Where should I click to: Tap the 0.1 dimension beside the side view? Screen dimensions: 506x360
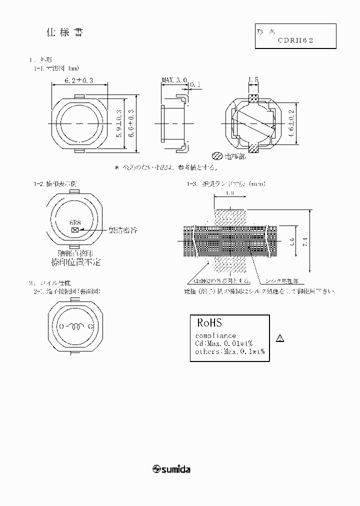tap(195, 85)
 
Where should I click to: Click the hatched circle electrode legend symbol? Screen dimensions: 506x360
tap(217, 155)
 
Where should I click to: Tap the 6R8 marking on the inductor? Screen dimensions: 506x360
tap(75, 223)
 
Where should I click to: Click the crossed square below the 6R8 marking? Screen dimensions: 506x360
tap(75, 230)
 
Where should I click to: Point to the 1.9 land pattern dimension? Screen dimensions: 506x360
tap(229, 192)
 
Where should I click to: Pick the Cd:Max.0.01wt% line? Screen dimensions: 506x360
tap(223, 343)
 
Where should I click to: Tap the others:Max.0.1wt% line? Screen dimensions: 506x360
tap(229, 351)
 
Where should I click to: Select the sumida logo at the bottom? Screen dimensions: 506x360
tap(171, 469)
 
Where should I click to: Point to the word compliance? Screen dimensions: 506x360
tap(215, 335)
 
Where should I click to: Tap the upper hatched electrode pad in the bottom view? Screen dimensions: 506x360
tap(253, 97)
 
